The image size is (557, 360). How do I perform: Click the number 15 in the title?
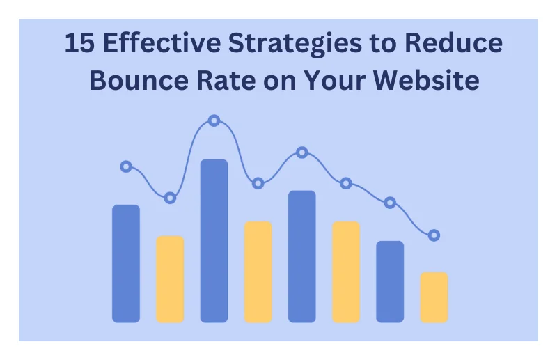(x=79, y=42)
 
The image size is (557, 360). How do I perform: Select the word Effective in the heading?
(x=162, y=42)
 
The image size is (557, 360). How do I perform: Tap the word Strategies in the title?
(x=295, y=44)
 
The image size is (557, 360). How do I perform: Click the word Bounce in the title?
(x=139, y=80)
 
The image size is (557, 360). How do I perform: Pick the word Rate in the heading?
(x=226, y=80)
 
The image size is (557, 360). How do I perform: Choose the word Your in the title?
(x=334, y=80)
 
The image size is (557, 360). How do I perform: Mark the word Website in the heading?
(x=426, y=80)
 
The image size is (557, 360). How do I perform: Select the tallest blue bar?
(x=214, y=241)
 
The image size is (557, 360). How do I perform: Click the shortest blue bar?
(x=390, y=281)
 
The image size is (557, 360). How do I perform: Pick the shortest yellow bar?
(x=434, y=297)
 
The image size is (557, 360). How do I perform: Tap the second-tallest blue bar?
(x=302, y=256)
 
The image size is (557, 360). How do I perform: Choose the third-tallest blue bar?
(x=126, y=263)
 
